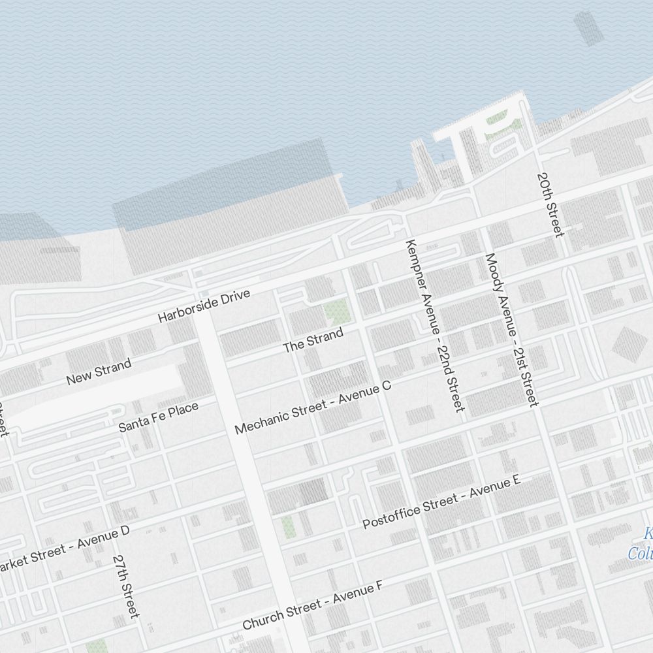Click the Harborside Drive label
(204, 306)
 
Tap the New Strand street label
(99, 372)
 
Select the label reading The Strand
(313, 341)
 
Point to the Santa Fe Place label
(158, 417)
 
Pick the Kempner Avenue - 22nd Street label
(434, 325)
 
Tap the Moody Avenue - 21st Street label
(512, 330)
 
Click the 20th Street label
(550, 204)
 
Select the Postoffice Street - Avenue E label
(441, 502)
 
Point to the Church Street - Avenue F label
(312, 606)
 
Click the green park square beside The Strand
(337, 313)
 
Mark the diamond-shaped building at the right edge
(628, 343)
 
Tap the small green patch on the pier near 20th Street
(498, 119)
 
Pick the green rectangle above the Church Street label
(288, 526)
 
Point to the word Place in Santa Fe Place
(183, 411)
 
